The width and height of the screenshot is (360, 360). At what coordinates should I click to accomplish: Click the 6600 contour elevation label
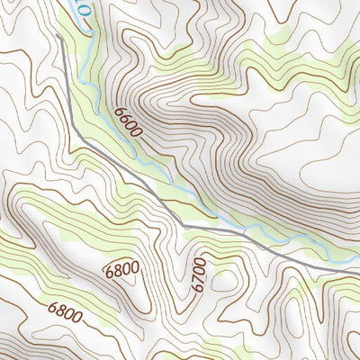tap(128, 122)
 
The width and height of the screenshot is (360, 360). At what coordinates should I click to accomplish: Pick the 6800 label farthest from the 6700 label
tap(66, 314)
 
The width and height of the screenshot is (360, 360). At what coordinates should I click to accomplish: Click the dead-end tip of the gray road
tap(58, 37)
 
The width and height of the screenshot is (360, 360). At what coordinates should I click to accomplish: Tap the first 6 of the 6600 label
tap(119, 111)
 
